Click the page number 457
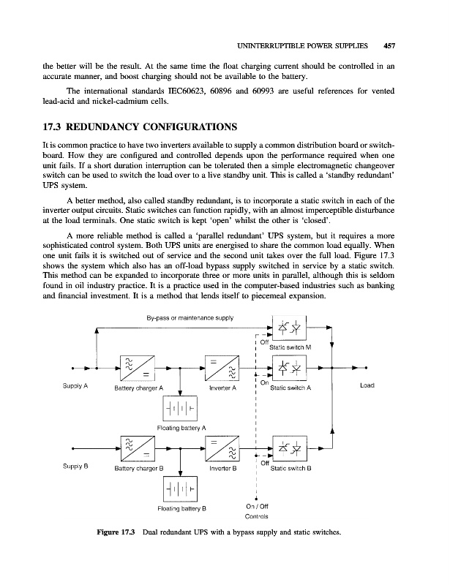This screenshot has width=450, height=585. [x=389, y=45]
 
